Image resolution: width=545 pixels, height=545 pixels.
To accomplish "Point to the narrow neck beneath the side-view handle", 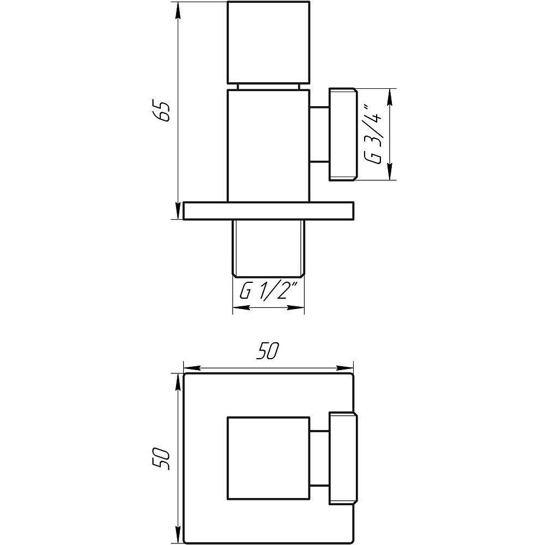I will (268, 87).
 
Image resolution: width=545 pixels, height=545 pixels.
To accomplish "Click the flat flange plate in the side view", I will (268, 211).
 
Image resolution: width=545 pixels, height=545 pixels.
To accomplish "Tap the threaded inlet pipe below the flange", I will (268, 248).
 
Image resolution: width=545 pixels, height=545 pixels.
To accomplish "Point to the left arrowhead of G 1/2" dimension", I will (238, 308).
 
